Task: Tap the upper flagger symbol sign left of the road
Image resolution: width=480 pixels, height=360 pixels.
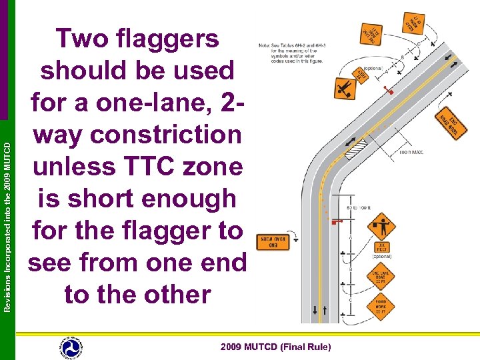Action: [x=345, y=87]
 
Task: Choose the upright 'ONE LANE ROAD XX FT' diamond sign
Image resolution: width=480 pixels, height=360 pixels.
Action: [x=381, y=276]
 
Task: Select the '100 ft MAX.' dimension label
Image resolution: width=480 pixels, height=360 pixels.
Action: [x=411, y=153]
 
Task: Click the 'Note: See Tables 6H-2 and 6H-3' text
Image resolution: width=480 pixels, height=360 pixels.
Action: [x=288, y=45]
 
